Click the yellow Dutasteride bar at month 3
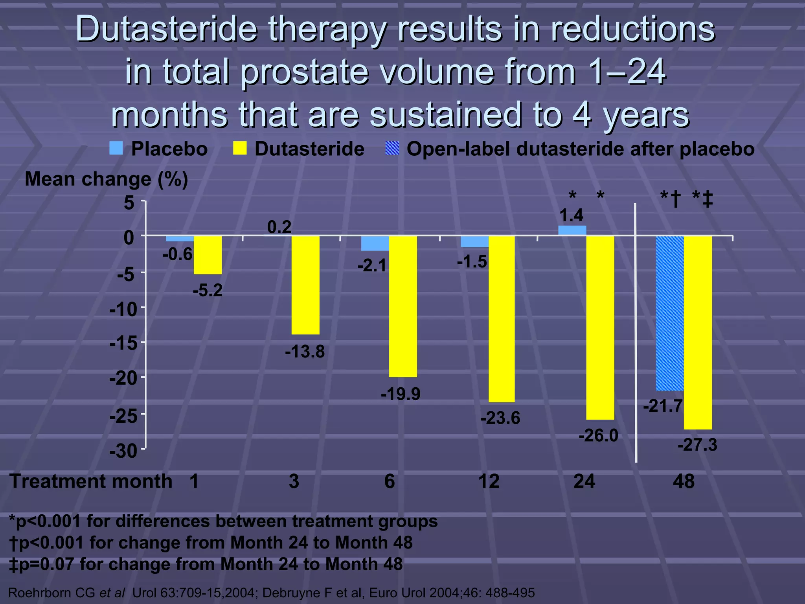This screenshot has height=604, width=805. tap(305, 285)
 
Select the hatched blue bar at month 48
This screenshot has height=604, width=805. tap(670, 313)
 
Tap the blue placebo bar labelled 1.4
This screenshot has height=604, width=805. tap(572, 230)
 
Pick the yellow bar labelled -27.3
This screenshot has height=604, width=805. tap(698, 332)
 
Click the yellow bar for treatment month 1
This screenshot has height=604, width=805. tap(208, 255)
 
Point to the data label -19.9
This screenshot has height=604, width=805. tap(401, 394)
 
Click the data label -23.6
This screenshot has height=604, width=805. tap(500, 418)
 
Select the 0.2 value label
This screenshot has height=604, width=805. tap(279, 227)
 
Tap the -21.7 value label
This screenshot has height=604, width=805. tap(663, 406)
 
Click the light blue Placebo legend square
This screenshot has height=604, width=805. tap(116, 149)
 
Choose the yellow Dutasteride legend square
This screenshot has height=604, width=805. tap(240, 149)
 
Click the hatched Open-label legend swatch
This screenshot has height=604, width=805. tap(392, 149)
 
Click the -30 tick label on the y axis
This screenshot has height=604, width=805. tap(123, 451)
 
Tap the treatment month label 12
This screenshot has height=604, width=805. tap(489, 481)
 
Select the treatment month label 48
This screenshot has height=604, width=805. tap(684, 481)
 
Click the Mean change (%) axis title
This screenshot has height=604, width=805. tap(106, 179)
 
